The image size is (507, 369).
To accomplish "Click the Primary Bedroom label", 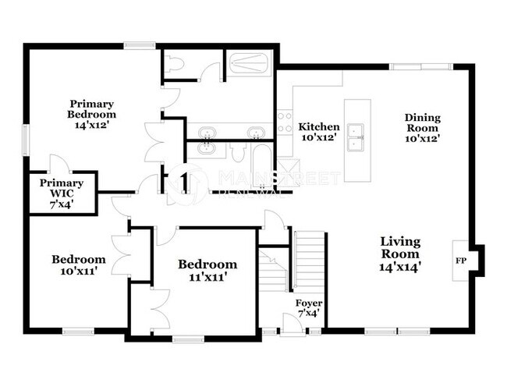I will pyautogui.click(x=92, y=115).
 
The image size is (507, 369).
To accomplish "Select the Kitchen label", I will pyautogui.click(x=320, y=132).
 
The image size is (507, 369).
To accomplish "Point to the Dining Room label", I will pyautogui.click(x=422, y=128).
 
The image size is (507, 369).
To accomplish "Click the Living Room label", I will pyautogui.click(x=400, y=254).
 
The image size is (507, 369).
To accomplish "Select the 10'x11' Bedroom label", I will pyautogui.click(x=79, y=266).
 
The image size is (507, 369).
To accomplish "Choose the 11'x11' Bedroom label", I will pyautogui.click(x=207, y=270).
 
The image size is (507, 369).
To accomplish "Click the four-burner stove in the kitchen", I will pyautogui.click(x=285, y=122).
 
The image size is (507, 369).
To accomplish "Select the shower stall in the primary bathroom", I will pyautogui.click(x=249, y=63).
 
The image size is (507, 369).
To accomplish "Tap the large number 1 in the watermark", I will pyautogui.click(x=184, y=181).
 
